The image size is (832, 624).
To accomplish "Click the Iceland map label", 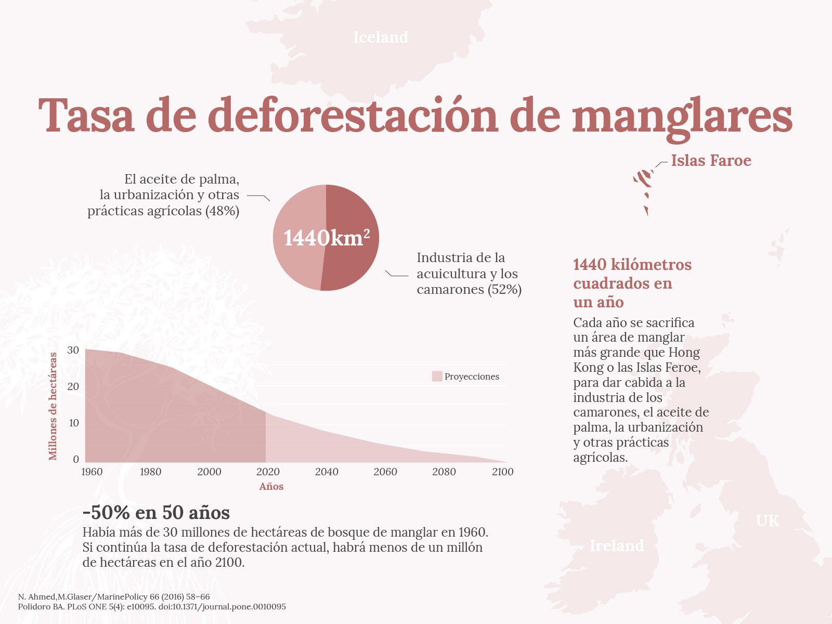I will pos(381,37).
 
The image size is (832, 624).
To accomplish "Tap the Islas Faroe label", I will pos(711,161).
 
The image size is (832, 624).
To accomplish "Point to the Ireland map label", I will pos(617,545).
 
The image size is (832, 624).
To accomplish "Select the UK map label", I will pos(768,521).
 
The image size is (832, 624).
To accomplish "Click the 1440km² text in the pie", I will pos(327,238).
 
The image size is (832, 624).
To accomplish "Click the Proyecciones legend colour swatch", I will pos(437,376).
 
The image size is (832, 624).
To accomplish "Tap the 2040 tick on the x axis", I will pos(327,472).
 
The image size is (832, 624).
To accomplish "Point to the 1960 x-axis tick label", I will pos(92,472).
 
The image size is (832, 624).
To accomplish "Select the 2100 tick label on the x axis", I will pos(502,472).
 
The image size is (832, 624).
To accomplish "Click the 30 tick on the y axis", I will pos(73,350).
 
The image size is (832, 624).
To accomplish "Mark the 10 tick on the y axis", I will pos(74,423).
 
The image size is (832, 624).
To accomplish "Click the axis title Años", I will pos(271,487).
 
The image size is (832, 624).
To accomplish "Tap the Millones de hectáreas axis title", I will pos(53,406).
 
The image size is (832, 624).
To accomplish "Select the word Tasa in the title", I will pos(86,115).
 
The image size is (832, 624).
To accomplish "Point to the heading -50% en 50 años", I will pos(156,513).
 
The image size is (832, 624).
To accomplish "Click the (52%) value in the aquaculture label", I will pos(504,290).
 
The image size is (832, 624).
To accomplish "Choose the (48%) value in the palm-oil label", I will pos(222,211).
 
